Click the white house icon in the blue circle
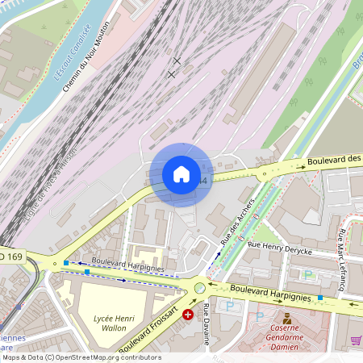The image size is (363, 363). pos(181,174)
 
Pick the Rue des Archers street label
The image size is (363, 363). pos(237,222)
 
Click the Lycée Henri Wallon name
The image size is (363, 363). pos(112,323)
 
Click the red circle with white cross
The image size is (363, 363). pos(188,314)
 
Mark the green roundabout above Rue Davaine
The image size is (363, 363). pos(200,288)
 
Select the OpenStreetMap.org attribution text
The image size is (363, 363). pos(81,357)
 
